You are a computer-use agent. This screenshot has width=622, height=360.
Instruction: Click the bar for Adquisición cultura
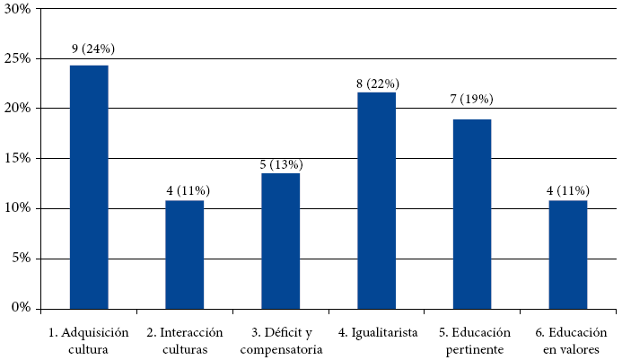click(x=88, y=187)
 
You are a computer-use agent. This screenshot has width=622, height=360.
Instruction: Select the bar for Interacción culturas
click(x=184, y=254)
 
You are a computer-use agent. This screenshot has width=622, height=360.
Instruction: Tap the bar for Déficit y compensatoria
click(x=280, y=241)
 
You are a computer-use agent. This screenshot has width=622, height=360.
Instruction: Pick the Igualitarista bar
click(x=376, y=200)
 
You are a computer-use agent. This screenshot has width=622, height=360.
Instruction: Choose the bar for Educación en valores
click(x=567, y=254)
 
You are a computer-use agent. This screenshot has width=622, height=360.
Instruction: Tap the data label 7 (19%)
click(x=471, y=98)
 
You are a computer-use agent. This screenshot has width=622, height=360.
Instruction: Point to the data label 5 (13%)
click(x=280, y=164)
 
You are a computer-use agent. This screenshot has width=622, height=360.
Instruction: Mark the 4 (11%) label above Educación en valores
click(x=567, y=190)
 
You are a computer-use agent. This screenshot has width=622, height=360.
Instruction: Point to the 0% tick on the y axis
click(x=21, y=308)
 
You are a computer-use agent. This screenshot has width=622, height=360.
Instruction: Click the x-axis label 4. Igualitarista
click(x=378, y=333)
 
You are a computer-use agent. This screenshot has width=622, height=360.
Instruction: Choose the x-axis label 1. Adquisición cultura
click(x=88, y=340)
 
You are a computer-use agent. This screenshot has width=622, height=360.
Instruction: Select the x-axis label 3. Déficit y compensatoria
click(x=280, y=340)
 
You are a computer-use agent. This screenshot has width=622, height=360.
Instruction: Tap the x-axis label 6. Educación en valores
click(x=567, y=340)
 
